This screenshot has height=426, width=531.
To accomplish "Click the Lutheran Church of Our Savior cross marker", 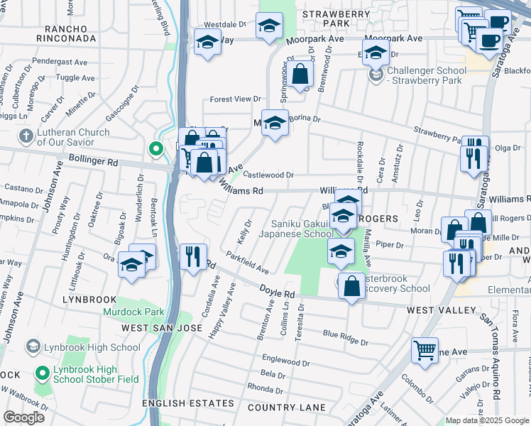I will click(x=26, y=136).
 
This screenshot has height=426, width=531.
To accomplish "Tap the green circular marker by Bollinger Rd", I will click(x=155, y=148).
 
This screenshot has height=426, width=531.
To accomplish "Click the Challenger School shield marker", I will click(x=376, y=75).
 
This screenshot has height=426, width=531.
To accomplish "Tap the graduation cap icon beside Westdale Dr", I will click(x=269, y=28).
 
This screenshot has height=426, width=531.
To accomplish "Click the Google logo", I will click(x=23, y=417).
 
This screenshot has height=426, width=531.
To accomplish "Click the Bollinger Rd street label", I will click(x=93, y=162).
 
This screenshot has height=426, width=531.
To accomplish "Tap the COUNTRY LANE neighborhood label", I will click(x=287, y=408).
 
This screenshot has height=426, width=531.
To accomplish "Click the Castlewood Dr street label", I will click(x=268, y=175).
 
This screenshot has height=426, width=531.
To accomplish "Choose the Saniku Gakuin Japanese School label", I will click(x=295, y=228).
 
